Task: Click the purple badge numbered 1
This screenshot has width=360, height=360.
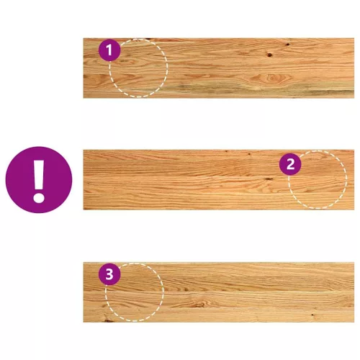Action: (109, 50)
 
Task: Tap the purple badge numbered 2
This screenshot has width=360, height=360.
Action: (290, 164)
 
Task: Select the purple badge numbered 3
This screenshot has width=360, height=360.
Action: (109, 274)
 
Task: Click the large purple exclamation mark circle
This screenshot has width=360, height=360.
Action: (39, 180)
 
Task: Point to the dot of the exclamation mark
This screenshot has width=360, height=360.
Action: (39, 197)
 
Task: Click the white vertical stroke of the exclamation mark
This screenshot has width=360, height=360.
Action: (39, 174)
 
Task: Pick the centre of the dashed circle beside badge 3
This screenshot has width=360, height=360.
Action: (135, 292)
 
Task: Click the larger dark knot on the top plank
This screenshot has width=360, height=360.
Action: (269, 55)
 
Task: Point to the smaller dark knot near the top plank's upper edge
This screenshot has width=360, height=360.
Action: (287, 45)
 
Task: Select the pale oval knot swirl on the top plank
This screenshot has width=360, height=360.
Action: (271, 78)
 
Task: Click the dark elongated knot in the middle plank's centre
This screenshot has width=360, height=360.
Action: (268, 179)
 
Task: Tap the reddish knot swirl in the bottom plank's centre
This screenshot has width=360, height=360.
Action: (199, 305)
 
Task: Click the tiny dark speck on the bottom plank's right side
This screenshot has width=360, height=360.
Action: (312, 315)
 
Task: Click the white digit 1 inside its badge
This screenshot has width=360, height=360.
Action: (109, 50)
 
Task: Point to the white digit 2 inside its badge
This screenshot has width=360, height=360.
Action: (290, 164)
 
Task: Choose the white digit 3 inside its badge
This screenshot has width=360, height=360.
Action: (109, 274)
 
